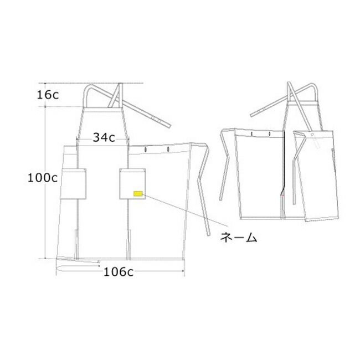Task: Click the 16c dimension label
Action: tap(48, 95)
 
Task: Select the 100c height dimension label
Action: tap(43, 178)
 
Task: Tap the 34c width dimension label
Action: tap(104, 137)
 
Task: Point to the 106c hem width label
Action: tap(119, 272)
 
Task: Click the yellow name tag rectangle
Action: tap(138, 193)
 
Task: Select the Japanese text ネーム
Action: tap(239, 237)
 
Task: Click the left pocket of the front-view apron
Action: tap(73, 184)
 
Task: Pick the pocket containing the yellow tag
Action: tap(132, 184)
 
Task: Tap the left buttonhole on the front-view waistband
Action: tap(146, 150)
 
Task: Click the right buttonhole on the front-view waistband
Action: tap(168, 149)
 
